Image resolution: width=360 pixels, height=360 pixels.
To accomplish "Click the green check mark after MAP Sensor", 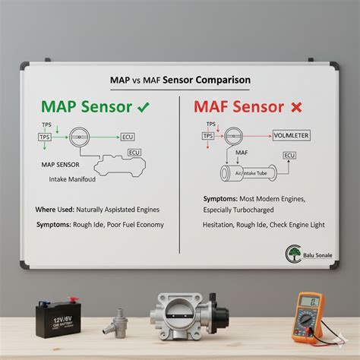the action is [x=144, y=107].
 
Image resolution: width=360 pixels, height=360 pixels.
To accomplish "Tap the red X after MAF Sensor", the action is [x=296, y=107].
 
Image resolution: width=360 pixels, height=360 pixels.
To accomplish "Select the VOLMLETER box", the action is [x=292, y=136].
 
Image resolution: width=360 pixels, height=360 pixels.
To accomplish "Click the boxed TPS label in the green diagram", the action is [x=45, y=137].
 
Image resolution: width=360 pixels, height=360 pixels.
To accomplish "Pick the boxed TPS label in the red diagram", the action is [x=208, y=136].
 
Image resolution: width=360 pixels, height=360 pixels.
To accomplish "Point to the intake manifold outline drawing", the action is [x=120, y=166].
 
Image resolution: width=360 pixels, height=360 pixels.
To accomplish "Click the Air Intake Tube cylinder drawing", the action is [x=248, y=173].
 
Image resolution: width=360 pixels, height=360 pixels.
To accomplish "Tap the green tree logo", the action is [x=294, y=253].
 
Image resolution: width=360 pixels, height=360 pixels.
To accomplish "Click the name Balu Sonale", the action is [x=317, y=255].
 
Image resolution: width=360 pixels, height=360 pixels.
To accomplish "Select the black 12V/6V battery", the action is [x=58, y=317].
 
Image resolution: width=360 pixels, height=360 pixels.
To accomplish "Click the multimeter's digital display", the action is [x=310, y=302].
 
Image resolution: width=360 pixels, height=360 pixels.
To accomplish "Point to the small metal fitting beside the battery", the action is [x=116, y=324].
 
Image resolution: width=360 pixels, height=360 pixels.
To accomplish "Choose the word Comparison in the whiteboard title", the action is [x=223, y=80].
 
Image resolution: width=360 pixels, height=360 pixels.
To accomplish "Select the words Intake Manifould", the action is [x=72, y=179].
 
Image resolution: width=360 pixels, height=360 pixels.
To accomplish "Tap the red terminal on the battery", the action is [x=73, y=300].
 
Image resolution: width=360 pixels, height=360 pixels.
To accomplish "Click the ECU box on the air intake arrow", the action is [x=289, y=156].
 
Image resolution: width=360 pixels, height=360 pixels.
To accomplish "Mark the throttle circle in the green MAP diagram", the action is [x=79, y=137].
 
